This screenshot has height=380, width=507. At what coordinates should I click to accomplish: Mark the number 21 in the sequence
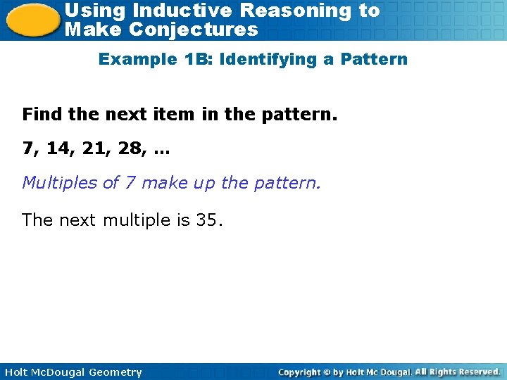(94, 148)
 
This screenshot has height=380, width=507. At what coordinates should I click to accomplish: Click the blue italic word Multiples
(60, 183)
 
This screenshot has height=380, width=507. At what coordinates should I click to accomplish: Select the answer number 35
(208, 220)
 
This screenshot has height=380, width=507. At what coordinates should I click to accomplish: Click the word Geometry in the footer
(115, 372)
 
